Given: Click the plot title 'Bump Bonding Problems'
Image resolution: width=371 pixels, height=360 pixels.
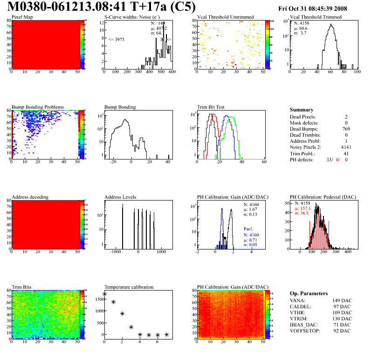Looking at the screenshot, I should pos(38,107).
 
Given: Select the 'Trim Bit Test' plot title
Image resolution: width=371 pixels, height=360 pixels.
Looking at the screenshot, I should pos(211,107).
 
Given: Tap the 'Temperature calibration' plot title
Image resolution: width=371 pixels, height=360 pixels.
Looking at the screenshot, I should pos(129,287).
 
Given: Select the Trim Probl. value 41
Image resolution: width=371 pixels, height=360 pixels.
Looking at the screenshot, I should pos(346,153).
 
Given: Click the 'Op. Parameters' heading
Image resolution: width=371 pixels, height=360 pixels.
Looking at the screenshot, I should pos(309,293).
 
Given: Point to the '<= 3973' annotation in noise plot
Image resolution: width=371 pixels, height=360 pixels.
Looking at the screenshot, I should pos(117,39).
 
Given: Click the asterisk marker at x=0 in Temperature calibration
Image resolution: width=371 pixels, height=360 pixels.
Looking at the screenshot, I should pos(104,294).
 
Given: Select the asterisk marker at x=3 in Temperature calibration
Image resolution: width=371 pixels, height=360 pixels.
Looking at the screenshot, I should pos(131,327).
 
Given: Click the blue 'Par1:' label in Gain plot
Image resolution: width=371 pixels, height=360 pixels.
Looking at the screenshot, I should pos(249,229).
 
